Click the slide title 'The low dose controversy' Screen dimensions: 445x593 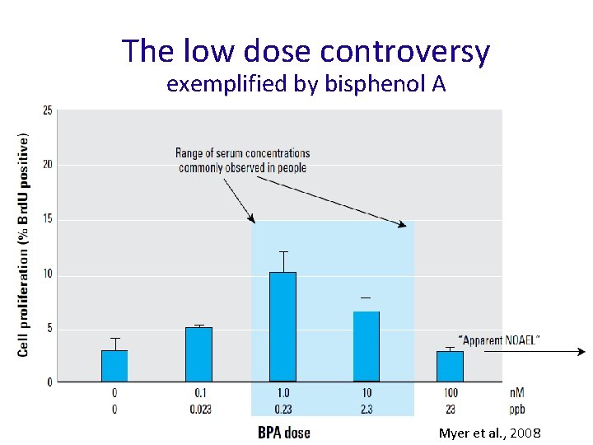(x=306, y=51)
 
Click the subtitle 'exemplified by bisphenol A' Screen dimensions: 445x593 (x=306, y=84)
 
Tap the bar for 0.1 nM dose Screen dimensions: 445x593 (x=198, y=354)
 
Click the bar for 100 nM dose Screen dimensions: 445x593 (x=450, y=366)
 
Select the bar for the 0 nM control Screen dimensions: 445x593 (x=114, y=366)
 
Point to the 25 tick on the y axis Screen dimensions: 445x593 (x=48, y=110)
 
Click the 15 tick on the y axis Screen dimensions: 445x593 (x=48, y=219)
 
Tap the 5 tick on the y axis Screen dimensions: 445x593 (x=49, y=328)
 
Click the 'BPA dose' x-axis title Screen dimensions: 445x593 (x=284, y=433)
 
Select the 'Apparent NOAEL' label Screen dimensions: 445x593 (x=499, y=340)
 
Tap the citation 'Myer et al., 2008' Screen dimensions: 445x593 (x=489, y=433)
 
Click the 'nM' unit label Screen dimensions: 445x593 (x=516, y=394)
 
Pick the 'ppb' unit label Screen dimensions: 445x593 (x=516, y=409)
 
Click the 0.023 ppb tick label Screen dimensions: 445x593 (x=198, y=409)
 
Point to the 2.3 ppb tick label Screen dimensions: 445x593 (x=367, y=409)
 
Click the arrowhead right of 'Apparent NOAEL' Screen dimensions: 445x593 (x=581, y=352)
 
